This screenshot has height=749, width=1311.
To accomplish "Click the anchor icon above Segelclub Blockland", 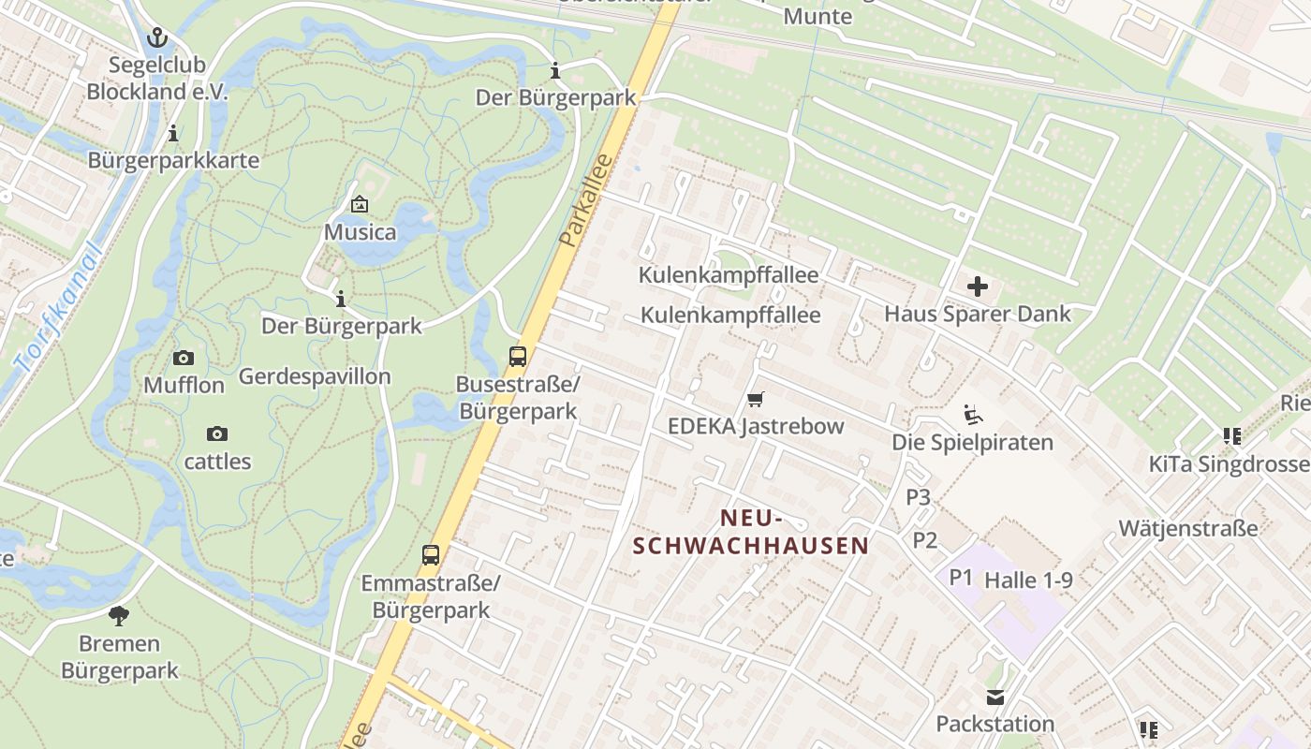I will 157,37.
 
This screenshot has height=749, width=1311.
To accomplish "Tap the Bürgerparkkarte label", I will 173,160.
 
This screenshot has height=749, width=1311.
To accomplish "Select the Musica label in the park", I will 361,231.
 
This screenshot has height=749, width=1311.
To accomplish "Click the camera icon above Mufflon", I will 184,358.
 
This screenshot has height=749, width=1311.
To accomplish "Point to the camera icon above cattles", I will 217,433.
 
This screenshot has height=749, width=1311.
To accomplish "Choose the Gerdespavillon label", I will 315,376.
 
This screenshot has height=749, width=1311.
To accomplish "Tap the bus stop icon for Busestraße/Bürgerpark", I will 518,356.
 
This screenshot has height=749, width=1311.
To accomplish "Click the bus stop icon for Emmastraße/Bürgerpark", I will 431,555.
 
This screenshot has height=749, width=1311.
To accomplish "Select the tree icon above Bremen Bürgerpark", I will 119,616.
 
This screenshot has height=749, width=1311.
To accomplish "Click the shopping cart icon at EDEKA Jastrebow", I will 756,399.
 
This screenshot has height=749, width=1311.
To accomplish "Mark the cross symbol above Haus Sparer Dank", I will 977,286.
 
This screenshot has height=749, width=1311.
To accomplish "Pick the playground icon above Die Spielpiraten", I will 973,414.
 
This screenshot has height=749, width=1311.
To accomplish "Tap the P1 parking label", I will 962,577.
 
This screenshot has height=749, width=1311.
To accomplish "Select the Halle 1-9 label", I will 1028,580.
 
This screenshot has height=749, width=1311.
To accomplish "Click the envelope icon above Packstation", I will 994,697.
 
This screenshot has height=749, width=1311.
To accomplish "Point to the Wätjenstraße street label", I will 1188,529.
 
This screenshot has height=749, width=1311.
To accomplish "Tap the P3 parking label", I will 919,497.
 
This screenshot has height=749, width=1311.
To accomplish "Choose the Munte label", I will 818,16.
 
